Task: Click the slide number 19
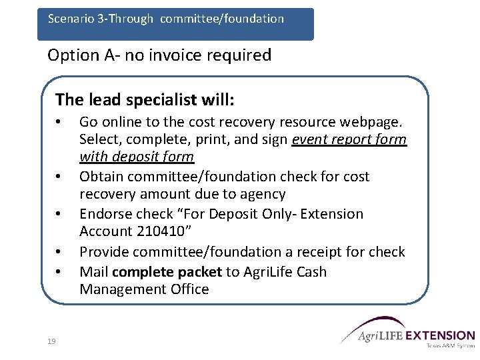pos(51,341)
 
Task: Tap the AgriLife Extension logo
pos(407,331)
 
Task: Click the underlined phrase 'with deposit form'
pos(137,157)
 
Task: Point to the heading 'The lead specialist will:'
pos(145,100)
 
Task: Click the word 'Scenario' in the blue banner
pos(69,19)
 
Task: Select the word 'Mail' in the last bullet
pos(94,272)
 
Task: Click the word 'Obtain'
pos(99,177)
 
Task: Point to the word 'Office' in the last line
pos(189,289)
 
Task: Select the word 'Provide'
pos(103,252)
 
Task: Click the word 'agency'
pos(263,194)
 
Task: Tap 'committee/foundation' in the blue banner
pos(222,19)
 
